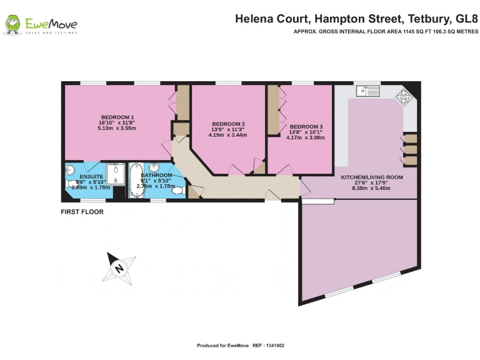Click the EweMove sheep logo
(x=12, y=25)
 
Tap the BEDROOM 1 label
(x=117, y=117)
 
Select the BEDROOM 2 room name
(x=228, y=123)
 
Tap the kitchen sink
(x=368, y=91)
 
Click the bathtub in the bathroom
(x=136, y=180)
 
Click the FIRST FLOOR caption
(x=82, y=212)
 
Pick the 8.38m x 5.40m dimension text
(x=371, y=187)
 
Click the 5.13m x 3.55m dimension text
(x=117, y=128)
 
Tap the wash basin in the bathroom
(x=153, y=167)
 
